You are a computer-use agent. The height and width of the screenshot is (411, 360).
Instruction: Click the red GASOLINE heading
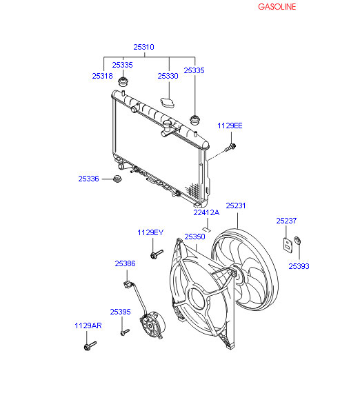277,7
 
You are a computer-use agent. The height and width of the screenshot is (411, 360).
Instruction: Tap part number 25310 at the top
143,47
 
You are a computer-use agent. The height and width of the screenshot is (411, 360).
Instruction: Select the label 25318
102,76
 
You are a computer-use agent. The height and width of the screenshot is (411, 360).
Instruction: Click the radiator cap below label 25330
168,103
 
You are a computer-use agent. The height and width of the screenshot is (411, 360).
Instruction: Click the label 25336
89,179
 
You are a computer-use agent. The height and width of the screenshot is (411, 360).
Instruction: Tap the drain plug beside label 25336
117,179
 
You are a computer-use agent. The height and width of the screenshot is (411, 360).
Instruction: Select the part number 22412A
206,212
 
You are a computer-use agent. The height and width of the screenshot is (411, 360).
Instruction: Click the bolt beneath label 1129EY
157,254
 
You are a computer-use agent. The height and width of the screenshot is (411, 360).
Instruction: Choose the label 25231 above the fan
236,205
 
